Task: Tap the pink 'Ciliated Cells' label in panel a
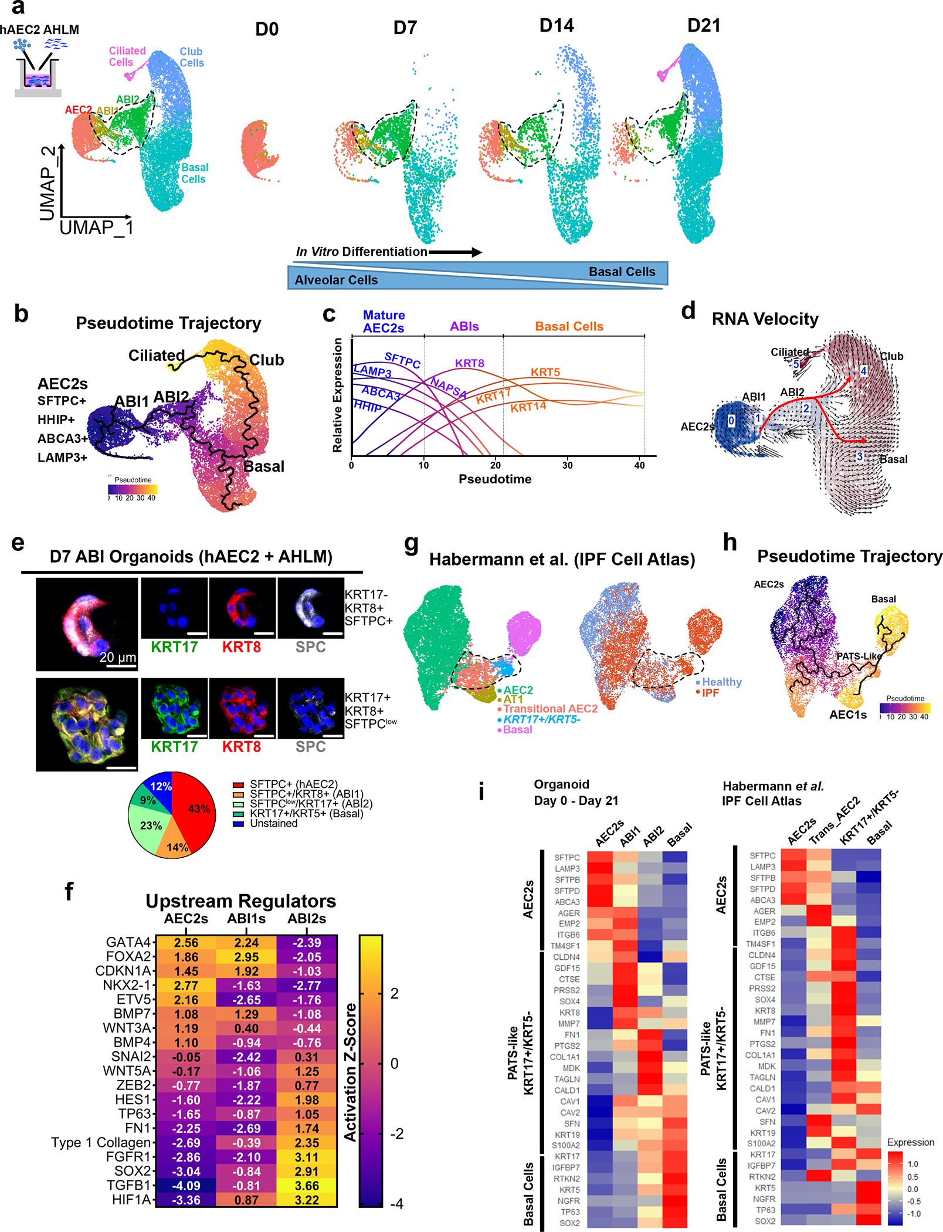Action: [x=127, y=56]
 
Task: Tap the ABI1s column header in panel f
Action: [x=246, y=919]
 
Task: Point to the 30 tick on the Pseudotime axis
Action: [x=567, y=465]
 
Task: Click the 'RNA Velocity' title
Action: [x=765, y=319]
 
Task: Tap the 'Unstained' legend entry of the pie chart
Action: [x=273, y=823]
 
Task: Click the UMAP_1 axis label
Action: [x=96, y=227]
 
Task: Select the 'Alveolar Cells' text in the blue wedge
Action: [x=336, y=280]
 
